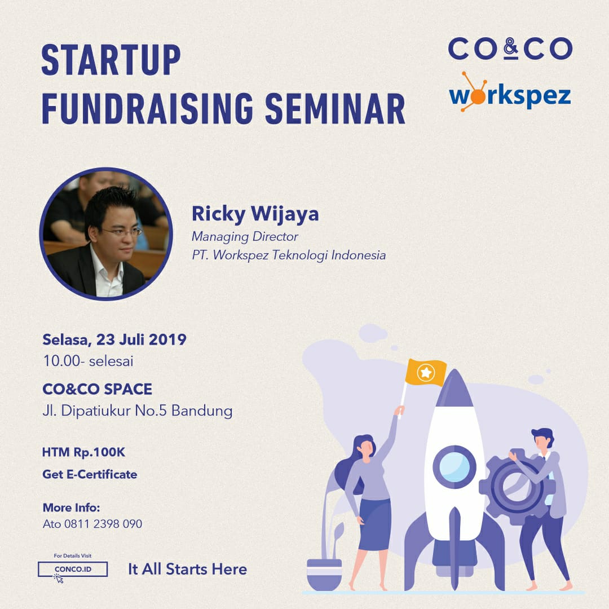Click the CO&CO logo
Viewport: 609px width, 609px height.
pos(510,48)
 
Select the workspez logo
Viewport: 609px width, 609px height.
pos(510,93)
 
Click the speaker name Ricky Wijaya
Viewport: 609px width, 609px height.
pos(255,214)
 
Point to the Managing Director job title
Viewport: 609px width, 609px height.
pos(245,237)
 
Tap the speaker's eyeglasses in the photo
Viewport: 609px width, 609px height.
pos(122,232)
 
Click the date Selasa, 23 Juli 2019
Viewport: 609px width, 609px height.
pos(114,339)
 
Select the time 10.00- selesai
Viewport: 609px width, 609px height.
pos(88,361)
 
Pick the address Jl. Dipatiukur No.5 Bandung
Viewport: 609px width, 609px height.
pos(138,411)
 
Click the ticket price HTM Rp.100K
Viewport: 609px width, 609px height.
pos(83,452)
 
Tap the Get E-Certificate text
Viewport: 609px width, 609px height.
pos(90,474)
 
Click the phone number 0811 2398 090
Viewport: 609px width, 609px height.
pos(103,524)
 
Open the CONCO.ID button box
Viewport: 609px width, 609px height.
pos(73,570)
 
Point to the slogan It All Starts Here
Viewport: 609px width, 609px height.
pos(188,570)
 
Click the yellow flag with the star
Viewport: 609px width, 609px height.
pos(425,373)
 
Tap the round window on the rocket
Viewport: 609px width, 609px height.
pos(454,466)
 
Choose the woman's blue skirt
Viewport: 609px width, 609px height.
pos(374,525)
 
